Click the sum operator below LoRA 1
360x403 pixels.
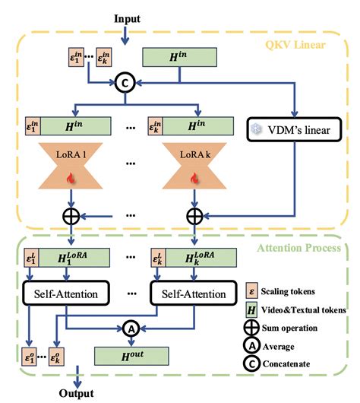point(71,216)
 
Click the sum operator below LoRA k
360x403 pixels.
point(194,216)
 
